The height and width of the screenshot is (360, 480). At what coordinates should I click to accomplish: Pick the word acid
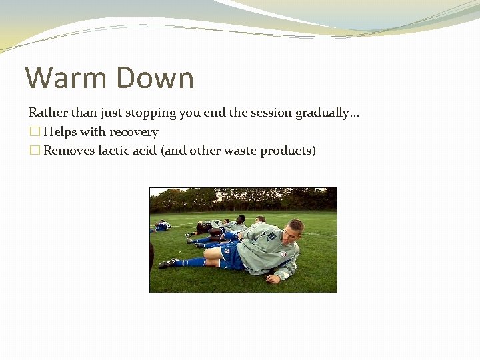click(x=145, y=151)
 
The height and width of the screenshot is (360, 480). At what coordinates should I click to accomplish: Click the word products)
click(x=288, y=151)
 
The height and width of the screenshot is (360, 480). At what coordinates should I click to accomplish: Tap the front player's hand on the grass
click(x=273, y=279)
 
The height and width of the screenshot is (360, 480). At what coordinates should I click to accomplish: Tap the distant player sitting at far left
click(x=161, y=225)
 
